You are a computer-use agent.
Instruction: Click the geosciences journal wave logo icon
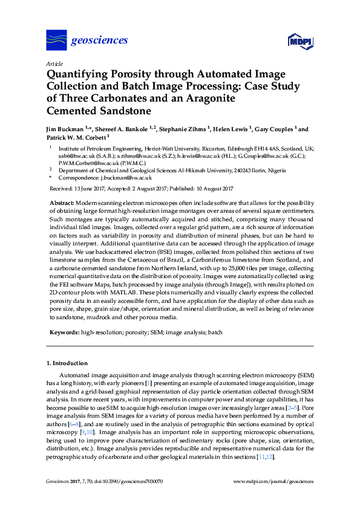[57, 40]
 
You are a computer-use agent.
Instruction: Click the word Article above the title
[54, 63]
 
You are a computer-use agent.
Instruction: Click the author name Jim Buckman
[65, 129]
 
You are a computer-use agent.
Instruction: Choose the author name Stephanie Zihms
[183, 129]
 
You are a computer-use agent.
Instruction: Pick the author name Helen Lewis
[233, 129]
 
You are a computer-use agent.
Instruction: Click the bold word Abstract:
[62, 202]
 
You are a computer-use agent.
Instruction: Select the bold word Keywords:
[64, 333]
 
